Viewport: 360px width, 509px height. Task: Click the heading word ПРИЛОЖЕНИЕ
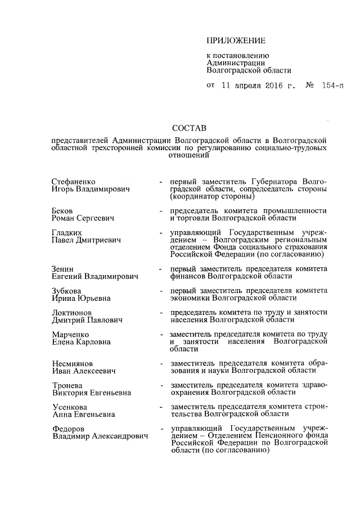tap(235, 40)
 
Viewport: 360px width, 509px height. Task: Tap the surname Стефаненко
tap(73, 182)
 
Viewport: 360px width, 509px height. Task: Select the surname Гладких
tap(66, 233)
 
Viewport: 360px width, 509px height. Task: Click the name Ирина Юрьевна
tap(81, 298)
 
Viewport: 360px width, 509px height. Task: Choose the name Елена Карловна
tap(81, 341)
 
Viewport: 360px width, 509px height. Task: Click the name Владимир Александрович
tap(100, 436)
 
